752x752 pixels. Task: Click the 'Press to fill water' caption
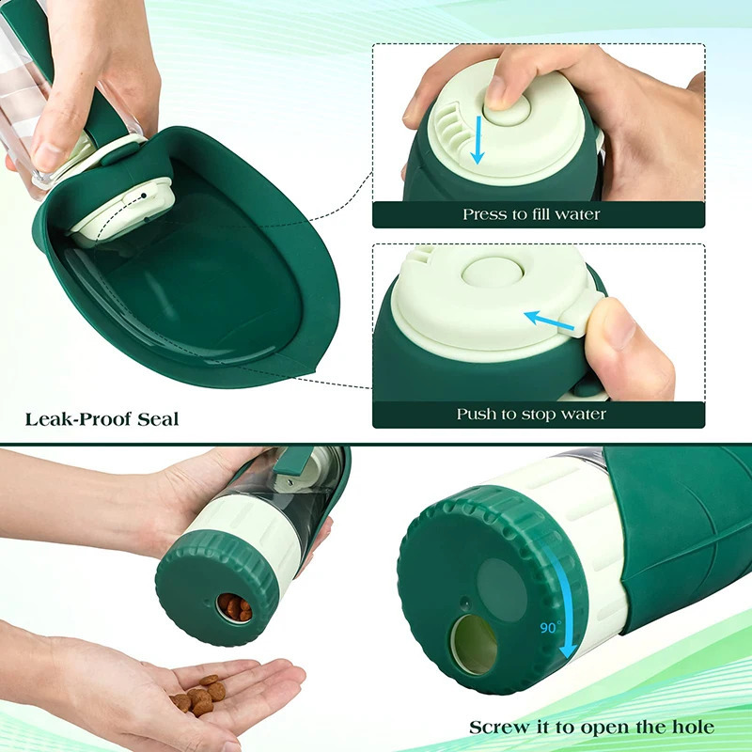pos(531,215)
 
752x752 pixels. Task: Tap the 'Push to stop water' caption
pos(531,415)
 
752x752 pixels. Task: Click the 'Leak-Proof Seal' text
pos(102,419)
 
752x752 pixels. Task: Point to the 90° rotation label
pos(550,628)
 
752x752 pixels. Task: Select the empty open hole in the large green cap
pos(474,645)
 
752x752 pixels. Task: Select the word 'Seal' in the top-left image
pos(155,419)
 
